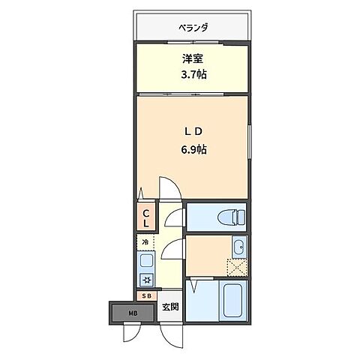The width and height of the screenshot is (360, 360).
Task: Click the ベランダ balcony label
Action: [193, 28]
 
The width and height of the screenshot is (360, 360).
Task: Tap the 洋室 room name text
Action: [192, 58]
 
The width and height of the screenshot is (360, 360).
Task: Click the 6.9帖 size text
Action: [193, 148]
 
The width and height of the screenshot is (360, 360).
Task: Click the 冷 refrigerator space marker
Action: [145, 242]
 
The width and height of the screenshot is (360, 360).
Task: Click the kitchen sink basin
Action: [145, 262]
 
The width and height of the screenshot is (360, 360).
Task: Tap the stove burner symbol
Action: [145, 280]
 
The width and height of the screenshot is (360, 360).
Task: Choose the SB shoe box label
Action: [146, 295]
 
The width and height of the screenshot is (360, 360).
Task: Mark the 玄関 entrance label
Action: [170, 307]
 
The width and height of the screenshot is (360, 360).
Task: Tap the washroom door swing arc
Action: [175, 251]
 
